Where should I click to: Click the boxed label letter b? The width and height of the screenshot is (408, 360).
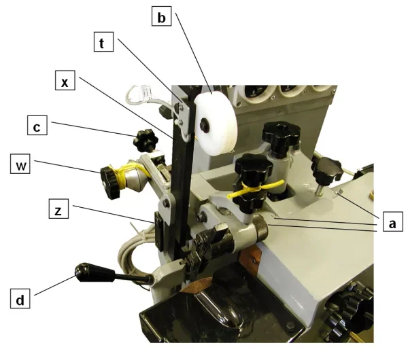pos(161,18)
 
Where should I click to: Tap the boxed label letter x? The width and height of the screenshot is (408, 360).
pos(65,82)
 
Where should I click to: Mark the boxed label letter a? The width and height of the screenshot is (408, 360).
pos(392,222)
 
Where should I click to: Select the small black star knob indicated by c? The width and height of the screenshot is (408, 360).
pos(144,141)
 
